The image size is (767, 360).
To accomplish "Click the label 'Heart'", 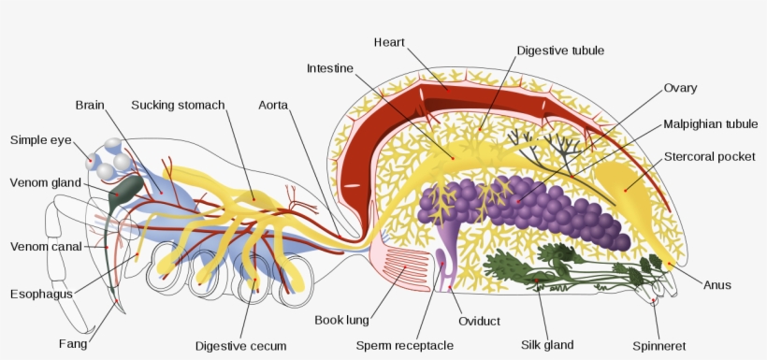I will pos(388,42).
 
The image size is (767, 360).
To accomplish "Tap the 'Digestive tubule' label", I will pos(560,50).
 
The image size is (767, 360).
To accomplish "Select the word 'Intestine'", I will pos(329,68).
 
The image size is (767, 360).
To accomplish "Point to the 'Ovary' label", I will pos(680,88).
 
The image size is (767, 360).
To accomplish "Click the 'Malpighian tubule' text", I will pos(710,123).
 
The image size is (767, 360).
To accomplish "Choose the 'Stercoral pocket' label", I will pos(709,156).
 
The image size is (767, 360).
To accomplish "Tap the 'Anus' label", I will pos(717,284).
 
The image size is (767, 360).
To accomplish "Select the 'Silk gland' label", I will pos(547,345).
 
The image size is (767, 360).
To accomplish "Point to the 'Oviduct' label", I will pos(479,321).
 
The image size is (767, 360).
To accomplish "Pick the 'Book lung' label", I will pos(341,321).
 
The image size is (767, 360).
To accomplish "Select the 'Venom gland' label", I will pos(46,182).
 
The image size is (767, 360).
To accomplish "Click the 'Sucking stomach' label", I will pos(178,105).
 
